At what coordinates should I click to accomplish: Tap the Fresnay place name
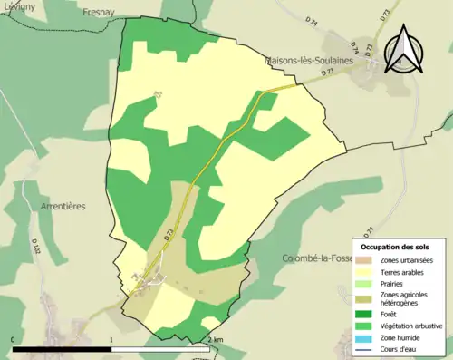(98, 12)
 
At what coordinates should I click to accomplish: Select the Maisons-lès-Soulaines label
(305, 61)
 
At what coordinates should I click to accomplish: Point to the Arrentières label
(63, 207)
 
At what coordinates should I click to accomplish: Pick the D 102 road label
(36, 246)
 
